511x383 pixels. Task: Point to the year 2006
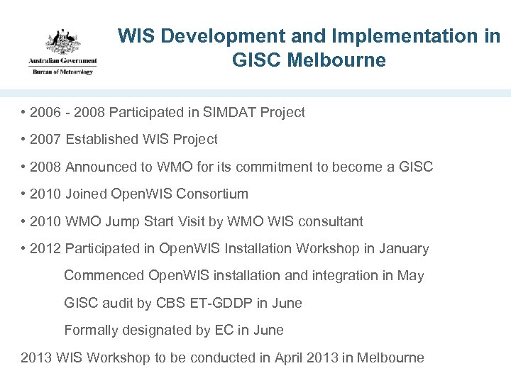coord(45,112)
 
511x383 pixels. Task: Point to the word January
coord(405,249)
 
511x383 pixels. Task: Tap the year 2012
coord(45,249)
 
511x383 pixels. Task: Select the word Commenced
coord(104,276)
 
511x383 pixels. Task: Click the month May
coord(410,276)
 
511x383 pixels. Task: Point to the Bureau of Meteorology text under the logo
coord(62,71)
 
